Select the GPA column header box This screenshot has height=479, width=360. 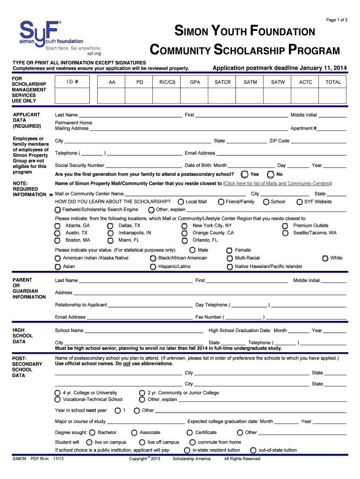coord(195,82)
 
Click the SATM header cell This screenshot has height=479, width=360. coord(250,82)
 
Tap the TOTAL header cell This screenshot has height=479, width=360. coord(333,82)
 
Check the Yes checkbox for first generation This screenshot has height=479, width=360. coord(245,174)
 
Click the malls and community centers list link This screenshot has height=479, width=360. coord(277,183)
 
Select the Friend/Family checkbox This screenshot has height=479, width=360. coord(221,202)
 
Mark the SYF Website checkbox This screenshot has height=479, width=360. coord(300,202)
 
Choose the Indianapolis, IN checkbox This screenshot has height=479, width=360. coord(110,233)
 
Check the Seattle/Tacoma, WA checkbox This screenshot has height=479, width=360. coord(285,233)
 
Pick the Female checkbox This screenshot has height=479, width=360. coord(230,250)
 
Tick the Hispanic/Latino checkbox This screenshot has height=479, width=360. coord(153,267)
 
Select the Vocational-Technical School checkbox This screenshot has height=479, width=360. coord(57,399)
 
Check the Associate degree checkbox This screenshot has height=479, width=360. coord(134,433)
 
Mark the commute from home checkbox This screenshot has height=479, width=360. coord(192,442)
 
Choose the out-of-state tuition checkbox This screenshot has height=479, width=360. coord(253,450)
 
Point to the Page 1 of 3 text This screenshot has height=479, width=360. coord(337,20)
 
